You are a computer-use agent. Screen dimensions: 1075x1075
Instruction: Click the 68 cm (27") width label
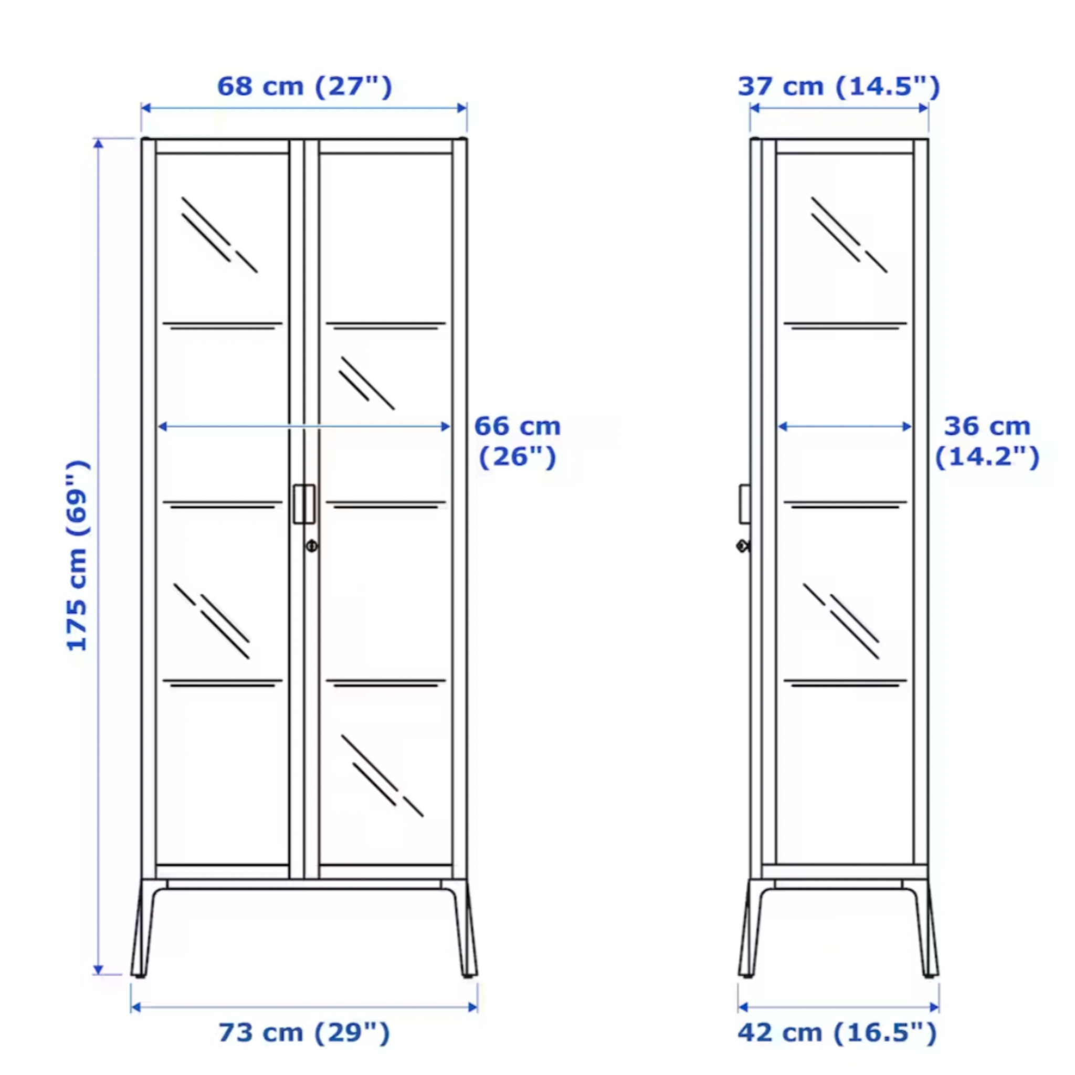[x=304, y=86]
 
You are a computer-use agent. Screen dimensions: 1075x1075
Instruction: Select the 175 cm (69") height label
[x=77, y=555]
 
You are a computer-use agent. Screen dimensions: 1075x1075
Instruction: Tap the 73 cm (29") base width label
[x=304, y=1032]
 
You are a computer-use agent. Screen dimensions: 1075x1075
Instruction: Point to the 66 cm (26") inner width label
[x=518, y=442]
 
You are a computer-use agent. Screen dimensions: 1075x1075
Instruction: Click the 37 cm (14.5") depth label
[x=838, y=86]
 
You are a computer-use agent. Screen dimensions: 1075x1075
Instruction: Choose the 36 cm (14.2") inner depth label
[x=987, y=442]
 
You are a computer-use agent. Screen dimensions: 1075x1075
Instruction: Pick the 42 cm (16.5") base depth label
[x=837, y=1032]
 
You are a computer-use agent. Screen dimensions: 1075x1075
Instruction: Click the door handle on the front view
[x=304, y=504]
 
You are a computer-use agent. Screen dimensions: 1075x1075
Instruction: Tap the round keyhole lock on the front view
[x=312, y=546]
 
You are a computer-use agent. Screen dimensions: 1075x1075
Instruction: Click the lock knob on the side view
[x=743, y=546]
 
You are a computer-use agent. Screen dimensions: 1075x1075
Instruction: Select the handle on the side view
[x=744, y=504]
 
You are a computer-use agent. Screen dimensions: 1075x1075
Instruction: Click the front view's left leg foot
[x=139, y=975]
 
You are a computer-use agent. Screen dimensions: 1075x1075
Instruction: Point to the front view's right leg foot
[x=470, y=975]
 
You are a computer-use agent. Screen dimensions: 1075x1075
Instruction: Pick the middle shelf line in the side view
[x=845, y=504]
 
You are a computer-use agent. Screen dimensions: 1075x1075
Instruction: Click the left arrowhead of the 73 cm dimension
[x=135, y=1007]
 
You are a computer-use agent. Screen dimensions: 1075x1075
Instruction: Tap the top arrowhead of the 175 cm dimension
[x=99, y=143]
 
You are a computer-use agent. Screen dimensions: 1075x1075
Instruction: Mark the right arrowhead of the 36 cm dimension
[x=907, y=427]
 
